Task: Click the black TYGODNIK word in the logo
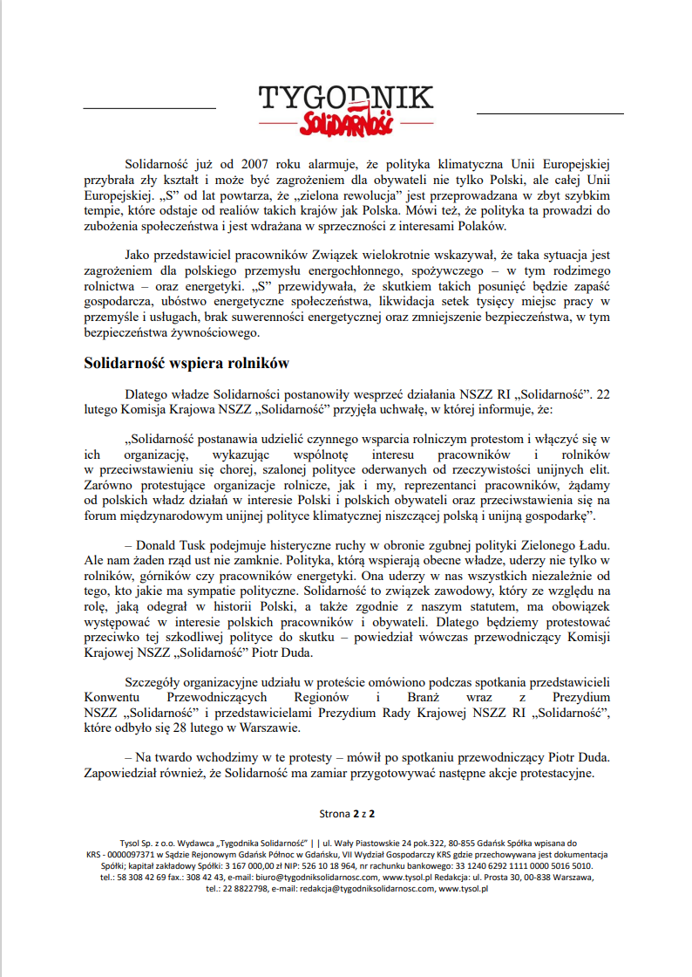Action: tap(345, 98)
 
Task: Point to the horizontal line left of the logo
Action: tap(149, 108)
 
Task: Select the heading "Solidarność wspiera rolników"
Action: tap(186, 362)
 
